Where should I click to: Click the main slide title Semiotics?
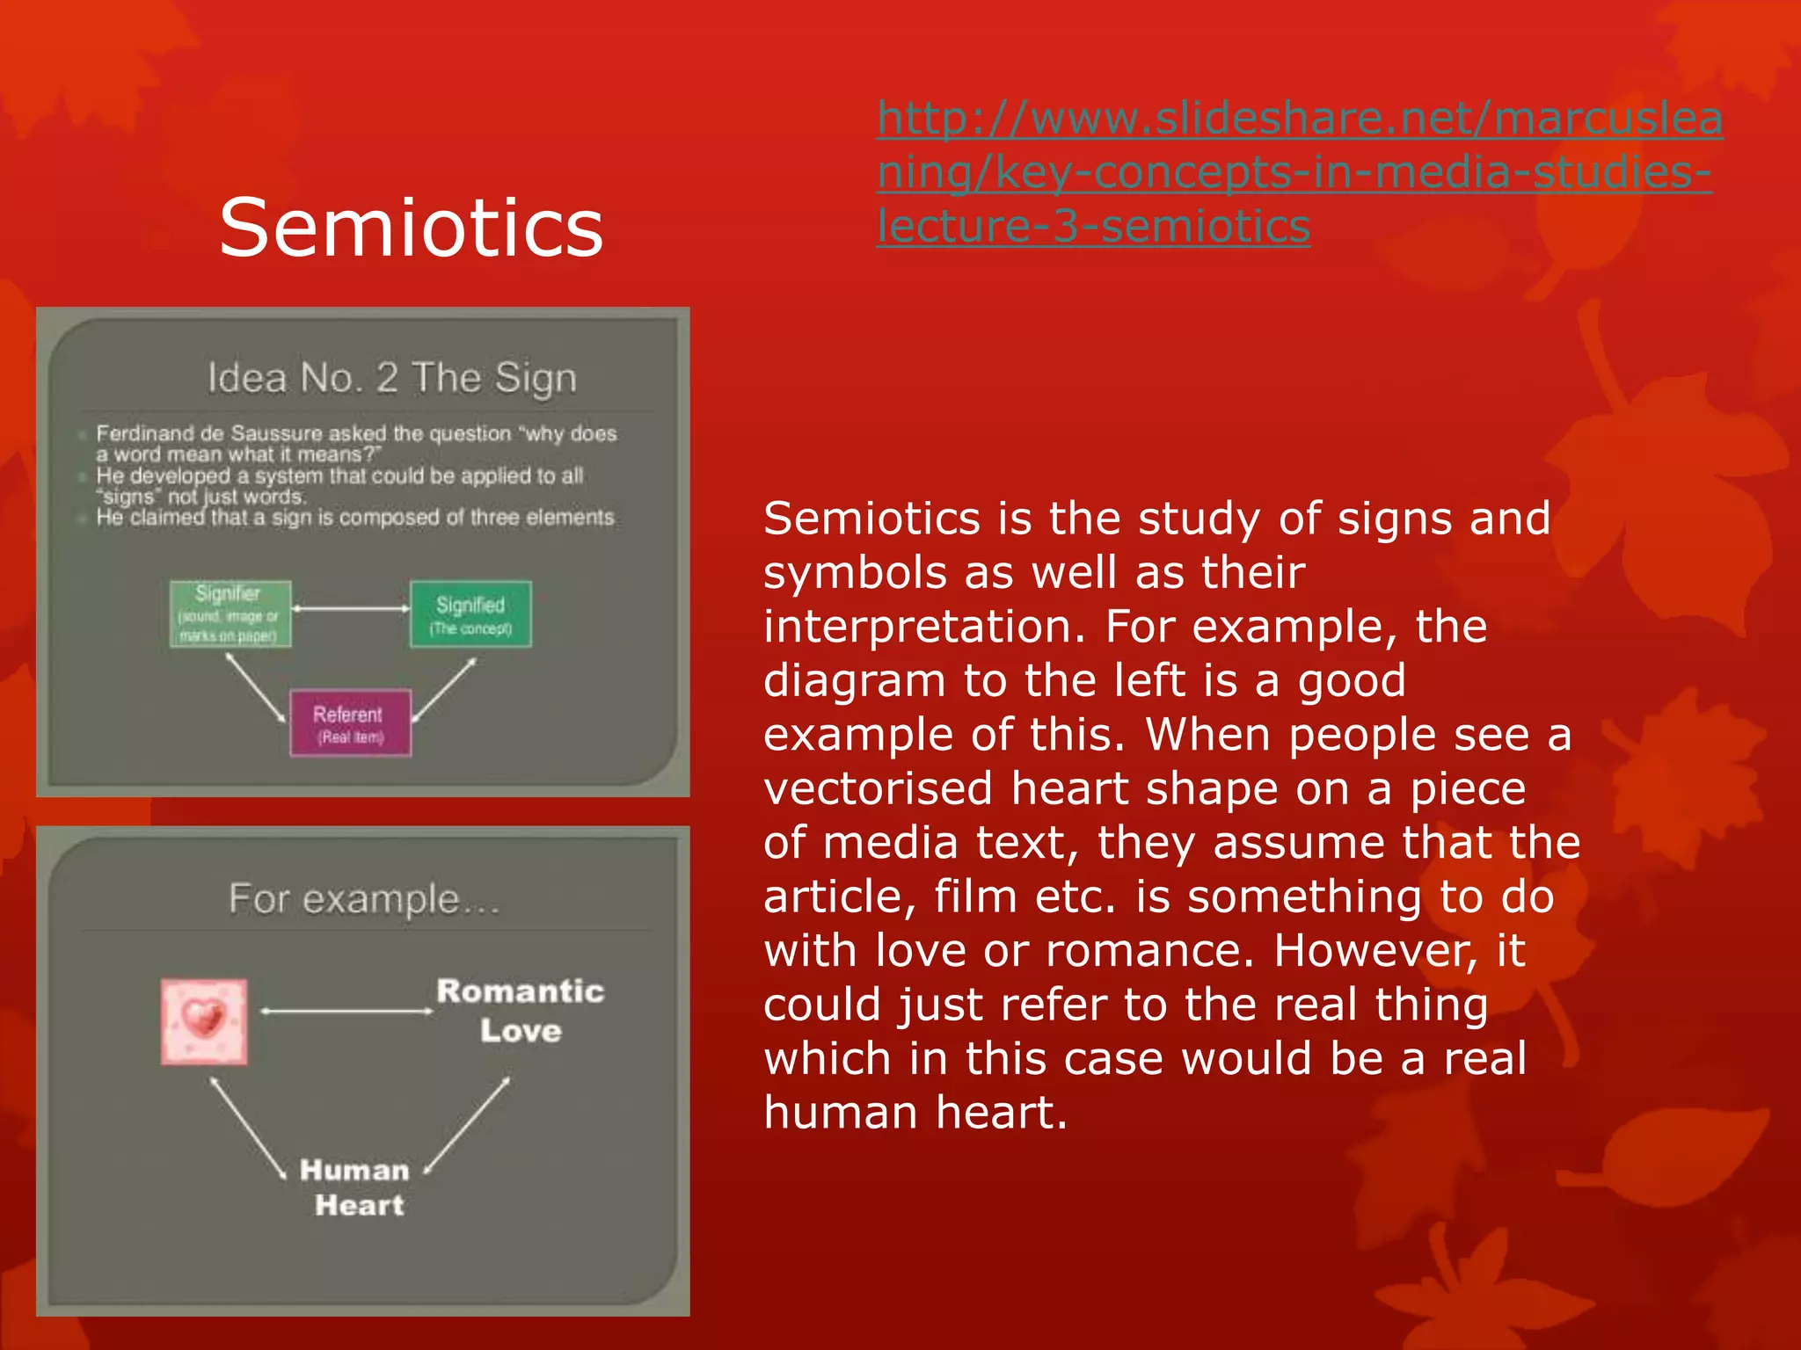[x=411, y=228]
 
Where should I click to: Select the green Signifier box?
[x=230, y=613]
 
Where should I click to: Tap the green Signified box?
[x=470, y=614]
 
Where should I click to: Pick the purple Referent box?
[x=350, y=723]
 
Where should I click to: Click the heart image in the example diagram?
[x=204, y=1021]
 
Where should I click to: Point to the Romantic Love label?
[x=521, y=1011]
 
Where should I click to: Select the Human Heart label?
[x=356, y=1187]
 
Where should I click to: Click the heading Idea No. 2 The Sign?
[x=392, y=378]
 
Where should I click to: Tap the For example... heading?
[x=364, y=898]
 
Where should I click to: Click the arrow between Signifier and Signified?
[x=351, y=608]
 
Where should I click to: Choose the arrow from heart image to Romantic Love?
[x=347, y=1012]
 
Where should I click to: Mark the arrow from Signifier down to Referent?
[x=255, y=688]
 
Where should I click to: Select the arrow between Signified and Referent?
[x=444, y=690]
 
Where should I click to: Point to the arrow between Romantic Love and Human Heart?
[x=467, y=1126]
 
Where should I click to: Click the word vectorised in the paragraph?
[x=877, y=788]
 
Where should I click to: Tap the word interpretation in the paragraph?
[x=924, y=627]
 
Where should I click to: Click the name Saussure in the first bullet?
[x=276, y=433]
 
